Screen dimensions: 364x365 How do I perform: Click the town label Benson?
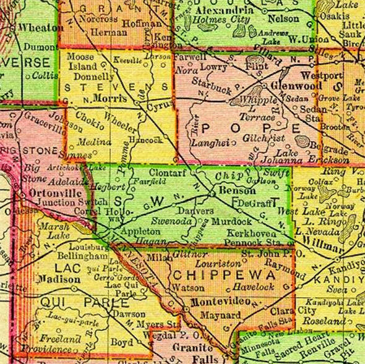coord(234,192)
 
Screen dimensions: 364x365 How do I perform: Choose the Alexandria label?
coord(220,11)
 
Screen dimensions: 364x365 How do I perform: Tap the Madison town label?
coord(58,279)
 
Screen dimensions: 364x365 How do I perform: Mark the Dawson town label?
coord(131,313)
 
